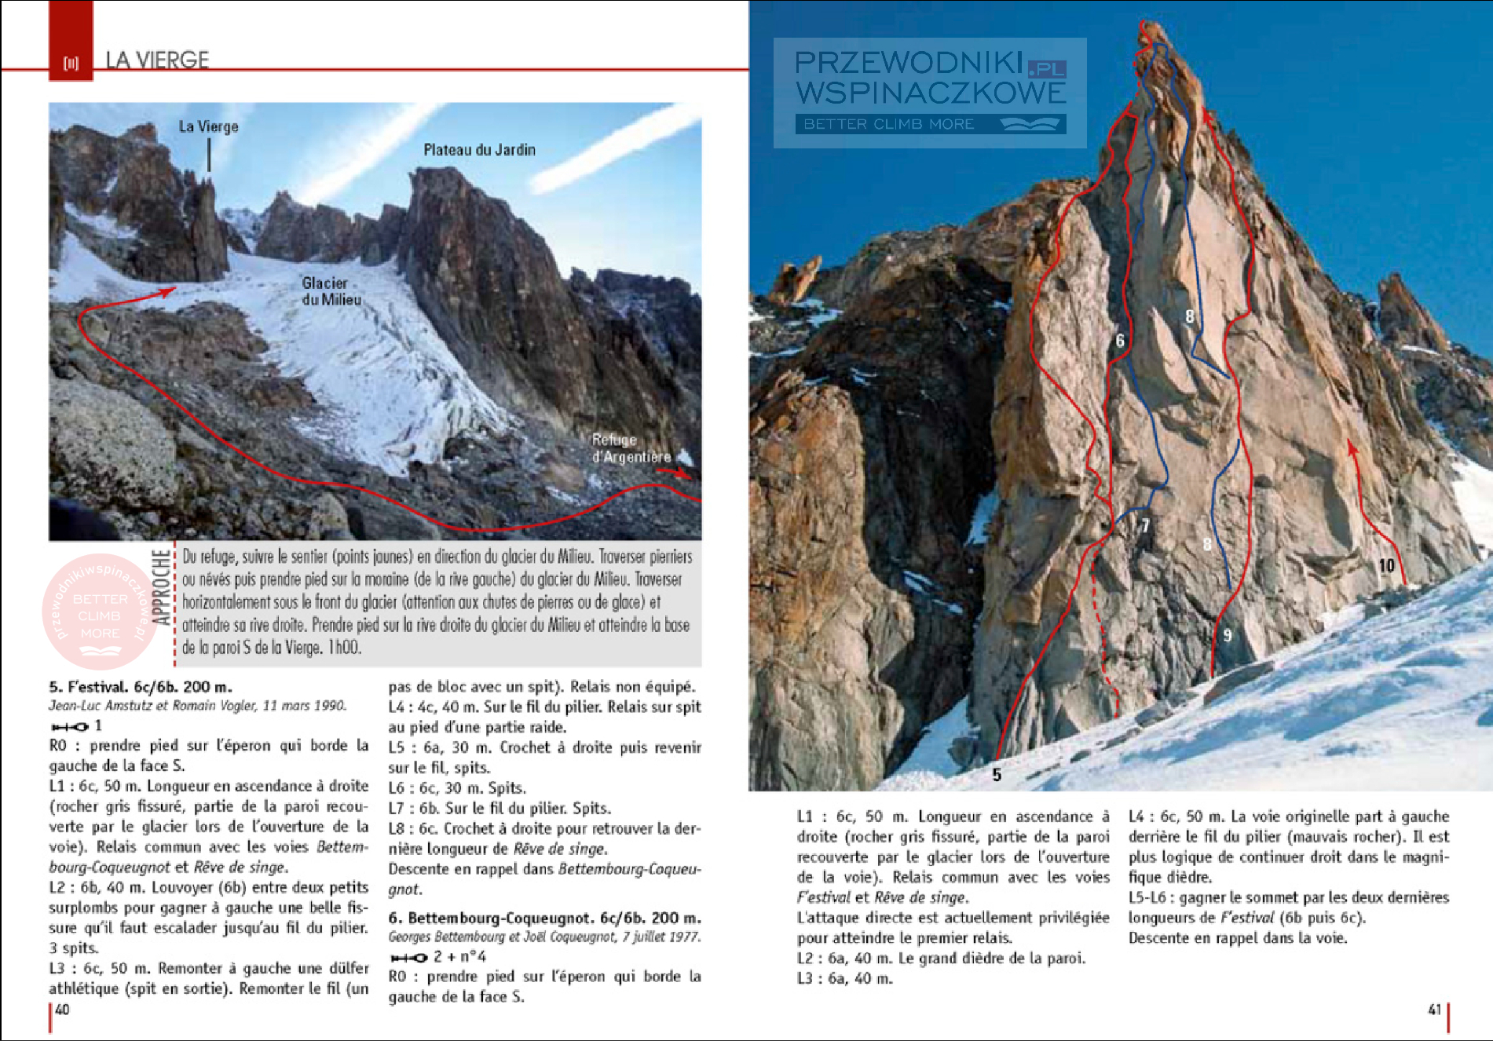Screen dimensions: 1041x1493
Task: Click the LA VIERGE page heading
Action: coord(157,60)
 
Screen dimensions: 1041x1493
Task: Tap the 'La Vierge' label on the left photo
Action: coord(208,126)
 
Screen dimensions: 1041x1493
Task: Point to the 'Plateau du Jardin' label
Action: coord(479,150)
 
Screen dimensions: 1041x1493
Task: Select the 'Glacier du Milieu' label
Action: coord(331,291)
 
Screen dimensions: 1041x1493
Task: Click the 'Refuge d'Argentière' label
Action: coord(631,448)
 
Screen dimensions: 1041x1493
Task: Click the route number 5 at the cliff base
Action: coord(997,775)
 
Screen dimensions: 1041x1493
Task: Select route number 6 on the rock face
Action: coord(1120,341)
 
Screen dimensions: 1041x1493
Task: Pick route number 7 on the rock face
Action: coord(1145,525)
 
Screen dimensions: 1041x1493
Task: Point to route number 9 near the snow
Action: coord(1228,635)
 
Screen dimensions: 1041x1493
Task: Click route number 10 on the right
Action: coord(1386,565)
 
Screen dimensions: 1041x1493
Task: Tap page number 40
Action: coord(63,1010)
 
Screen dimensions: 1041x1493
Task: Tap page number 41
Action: coord(1434,1010)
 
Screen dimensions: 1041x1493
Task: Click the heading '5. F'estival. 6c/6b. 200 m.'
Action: coord(141,687)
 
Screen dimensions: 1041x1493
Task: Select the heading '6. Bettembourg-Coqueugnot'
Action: coord(544,918)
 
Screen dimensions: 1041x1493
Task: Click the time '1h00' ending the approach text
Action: coord(344,648)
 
